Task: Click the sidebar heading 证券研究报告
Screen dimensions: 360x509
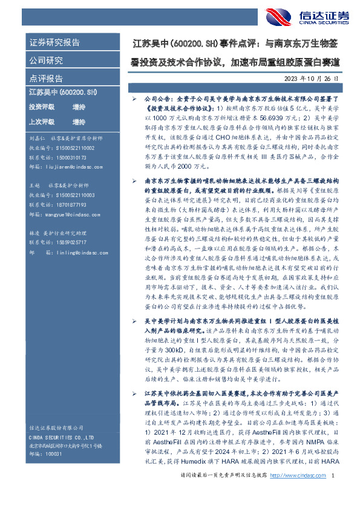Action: (x=54, y=43)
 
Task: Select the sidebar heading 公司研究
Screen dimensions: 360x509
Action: (x=46, y=60)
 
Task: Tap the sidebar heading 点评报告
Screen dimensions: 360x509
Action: (x=46, y=79)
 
